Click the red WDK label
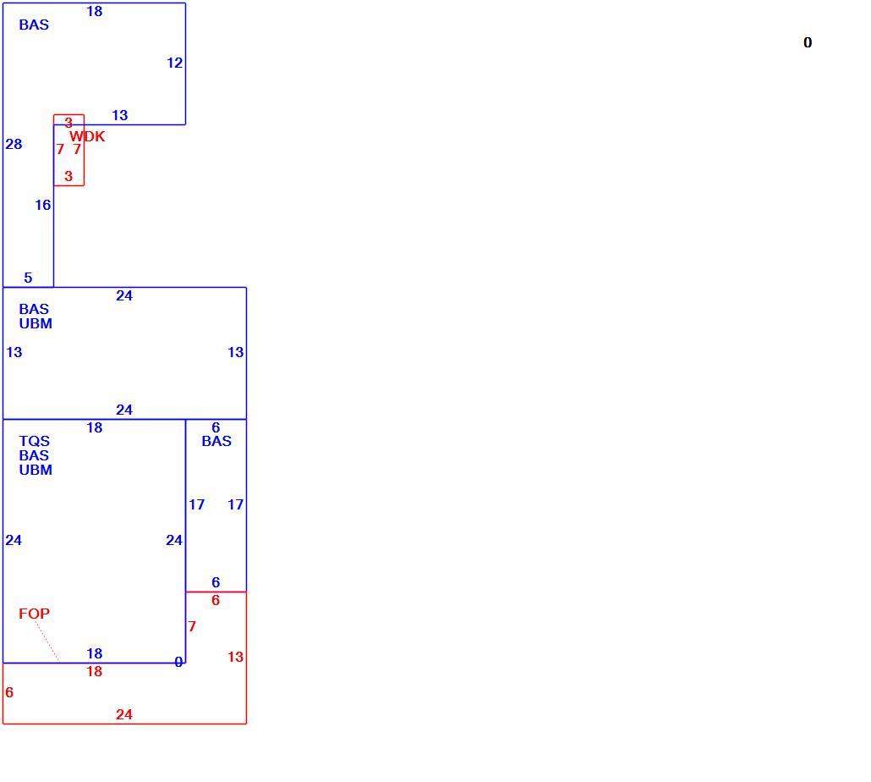87,136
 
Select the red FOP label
34,614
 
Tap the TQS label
35,441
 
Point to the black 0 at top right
808,43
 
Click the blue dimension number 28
14,145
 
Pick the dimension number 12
174,63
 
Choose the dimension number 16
43,206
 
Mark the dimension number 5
29,278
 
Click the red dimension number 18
95,671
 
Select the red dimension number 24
123,715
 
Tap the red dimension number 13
236,657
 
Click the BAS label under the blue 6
216,441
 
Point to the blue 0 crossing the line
178,662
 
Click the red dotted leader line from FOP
47,641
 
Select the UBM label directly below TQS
36,471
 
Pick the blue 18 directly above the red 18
95,653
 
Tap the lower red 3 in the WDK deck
68,177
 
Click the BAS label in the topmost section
34,25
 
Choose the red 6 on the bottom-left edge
9,692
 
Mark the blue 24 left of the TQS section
14,540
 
